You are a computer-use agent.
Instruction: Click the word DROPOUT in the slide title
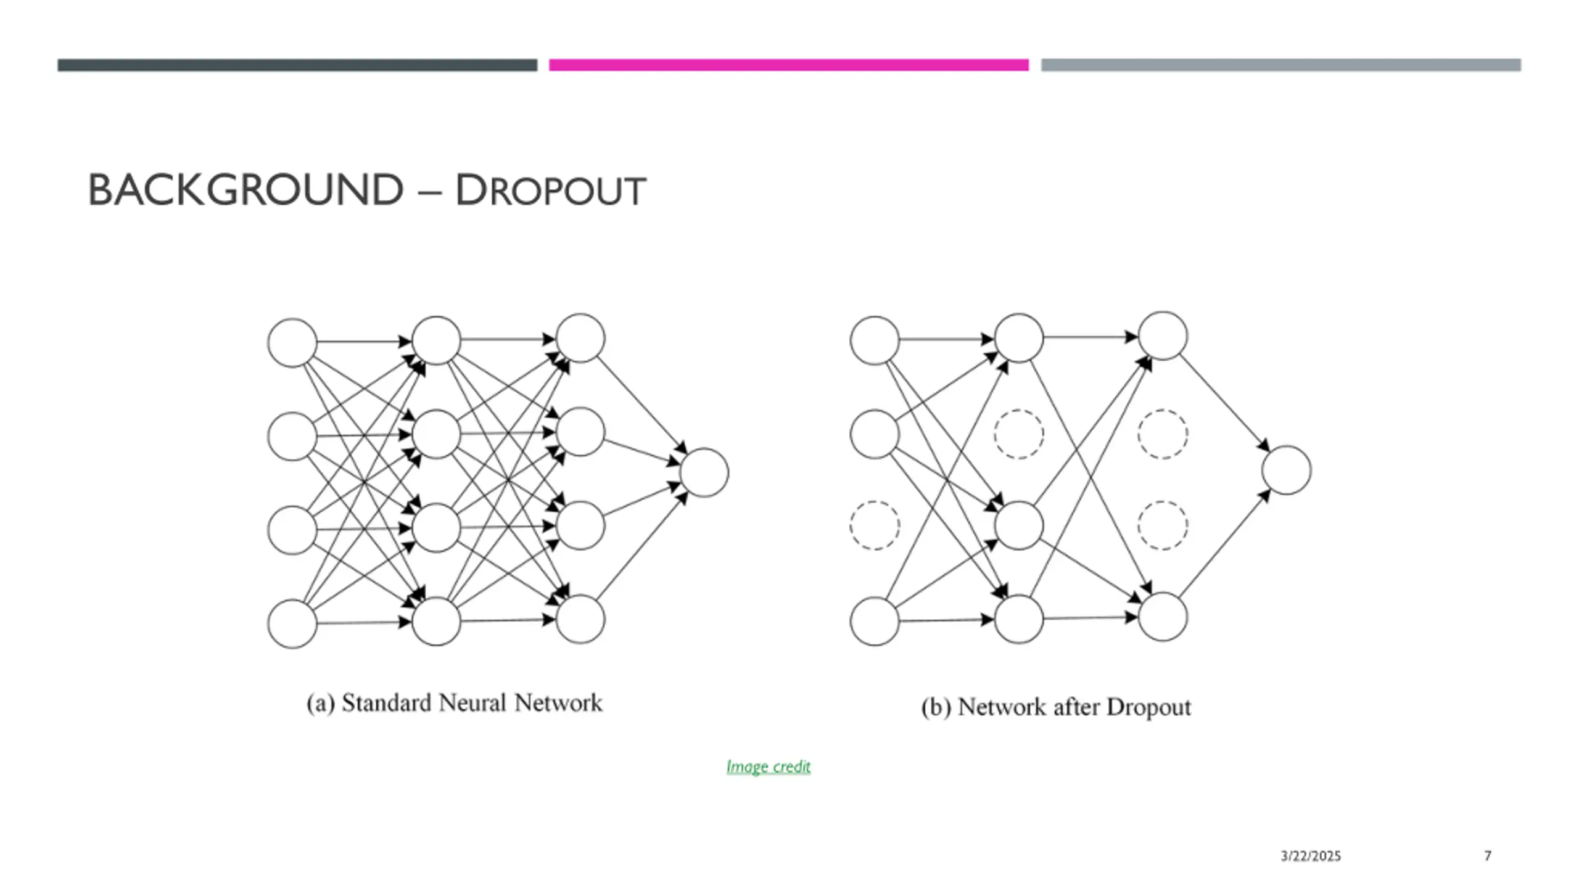(x=550, y=191)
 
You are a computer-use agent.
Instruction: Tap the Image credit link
(x=768, y=767)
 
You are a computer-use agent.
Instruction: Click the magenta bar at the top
(x=788, y=65)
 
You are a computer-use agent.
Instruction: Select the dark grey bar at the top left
(x=297, y=65)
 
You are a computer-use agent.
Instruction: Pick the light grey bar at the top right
(x=1280, y=65)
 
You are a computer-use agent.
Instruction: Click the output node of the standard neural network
(x=704, y=472)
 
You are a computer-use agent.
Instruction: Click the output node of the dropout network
(x=1286, y=470)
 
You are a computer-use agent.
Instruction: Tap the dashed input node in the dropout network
(x=874, y=525)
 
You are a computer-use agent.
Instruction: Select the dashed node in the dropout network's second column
(x=1018, y=434)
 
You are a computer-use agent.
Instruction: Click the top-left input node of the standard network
(x=292, y=343)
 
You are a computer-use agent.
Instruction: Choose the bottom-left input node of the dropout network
(x=874, y=621)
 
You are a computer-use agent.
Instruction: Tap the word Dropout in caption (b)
(x=1148, y=707)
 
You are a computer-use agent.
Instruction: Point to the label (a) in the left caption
(x=320, y=704)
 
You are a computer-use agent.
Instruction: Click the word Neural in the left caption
(x=472, y=703)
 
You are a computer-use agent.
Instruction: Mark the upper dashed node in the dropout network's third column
(x=1163, y=434)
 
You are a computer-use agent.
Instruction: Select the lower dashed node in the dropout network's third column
(x=1163, y=525)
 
